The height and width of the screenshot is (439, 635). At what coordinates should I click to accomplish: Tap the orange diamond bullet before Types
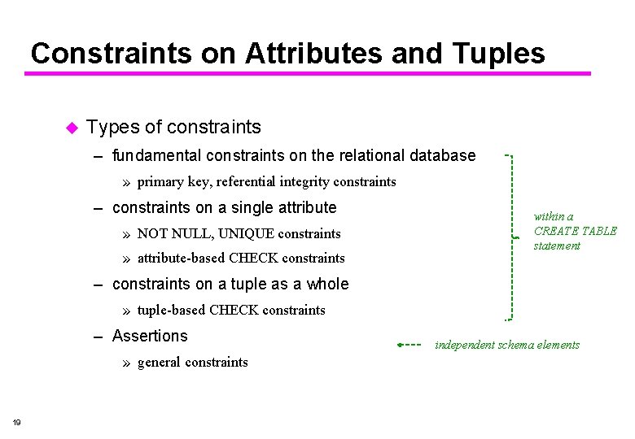pos(71,128)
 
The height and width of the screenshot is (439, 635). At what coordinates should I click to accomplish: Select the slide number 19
pos(17,421)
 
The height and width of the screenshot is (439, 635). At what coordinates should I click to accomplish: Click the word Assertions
pos(150,336)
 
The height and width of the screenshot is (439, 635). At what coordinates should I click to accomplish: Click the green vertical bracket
pos(512,236)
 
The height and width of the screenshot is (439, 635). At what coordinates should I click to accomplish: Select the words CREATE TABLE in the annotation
pos(575,231)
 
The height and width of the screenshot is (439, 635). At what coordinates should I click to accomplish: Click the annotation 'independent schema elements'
pos(507,345)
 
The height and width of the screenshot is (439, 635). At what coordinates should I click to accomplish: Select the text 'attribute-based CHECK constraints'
pos(241,259)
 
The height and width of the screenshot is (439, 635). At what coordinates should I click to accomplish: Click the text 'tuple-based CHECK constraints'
pos(231,310)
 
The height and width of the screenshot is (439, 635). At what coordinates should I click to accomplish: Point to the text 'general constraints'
pos(193,363)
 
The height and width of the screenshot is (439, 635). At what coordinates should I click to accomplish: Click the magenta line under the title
pos(308,74)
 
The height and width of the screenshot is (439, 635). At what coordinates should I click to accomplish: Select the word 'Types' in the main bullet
pos(112,127)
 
